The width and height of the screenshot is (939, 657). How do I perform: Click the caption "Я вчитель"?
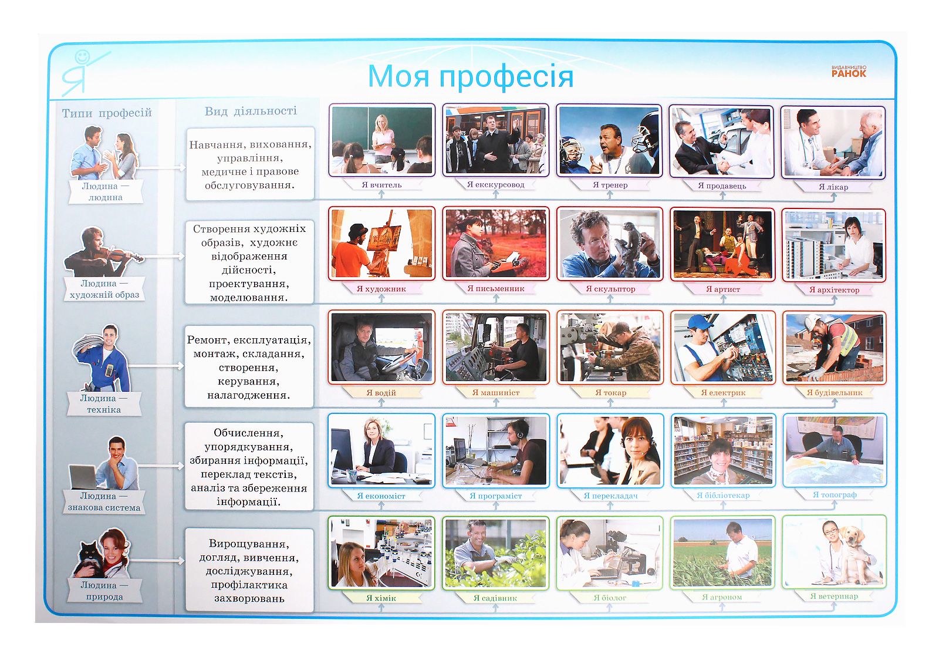381,184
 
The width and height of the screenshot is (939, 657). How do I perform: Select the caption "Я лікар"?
833,187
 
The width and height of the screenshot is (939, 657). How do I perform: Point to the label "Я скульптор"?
610,289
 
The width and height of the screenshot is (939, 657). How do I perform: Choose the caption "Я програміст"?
495,496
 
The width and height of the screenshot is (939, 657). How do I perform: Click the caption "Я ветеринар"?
834,596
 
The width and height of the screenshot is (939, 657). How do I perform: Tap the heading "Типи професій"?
107,113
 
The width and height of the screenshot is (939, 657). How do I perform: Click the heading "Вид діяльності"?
251,111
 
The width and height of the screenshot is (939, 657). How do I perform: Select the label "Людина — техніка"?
103,404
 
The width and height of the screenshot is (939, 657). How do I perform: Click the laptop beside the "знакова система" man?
84,477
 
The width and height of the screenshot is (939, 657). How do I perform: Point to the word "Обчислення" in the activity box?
249,433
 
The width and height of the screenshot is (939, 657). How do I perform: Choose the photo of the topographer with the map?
835,450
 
